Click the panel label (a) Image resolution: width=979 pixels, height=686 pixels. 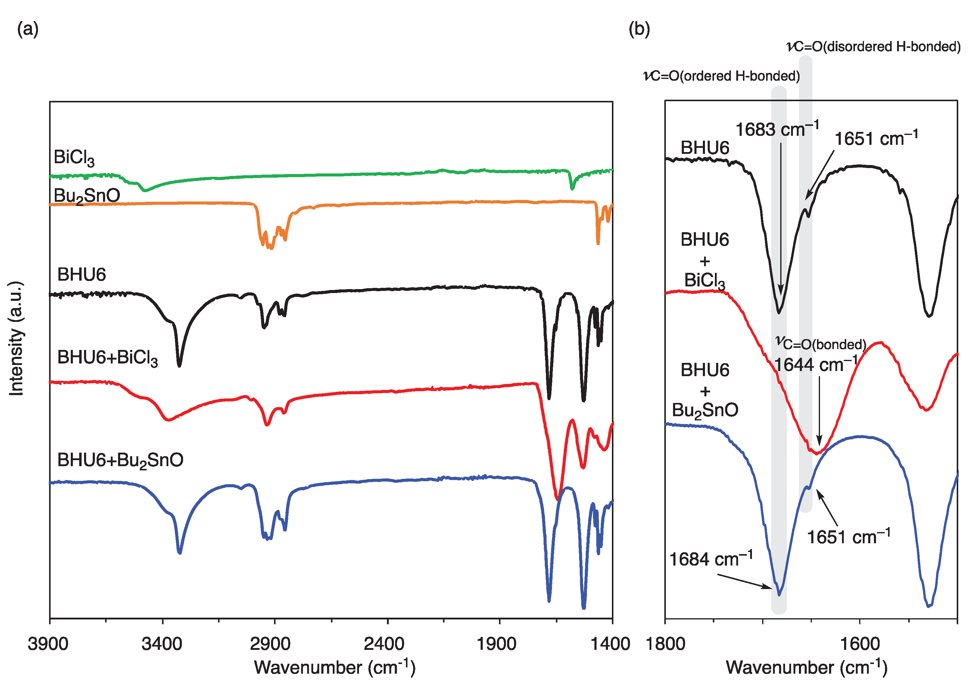tap(28, 30)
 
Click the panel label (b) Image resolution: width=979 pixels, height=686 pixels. tap(640, 30)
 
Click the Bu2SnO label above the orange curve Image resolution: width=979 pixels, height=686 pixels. tap(86, 196)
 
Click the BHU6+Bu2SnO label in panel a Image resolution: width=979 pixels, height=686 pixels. tap(120, 460)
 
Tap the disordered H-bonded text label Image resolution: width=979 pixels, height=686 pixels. tap(873, 46)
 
